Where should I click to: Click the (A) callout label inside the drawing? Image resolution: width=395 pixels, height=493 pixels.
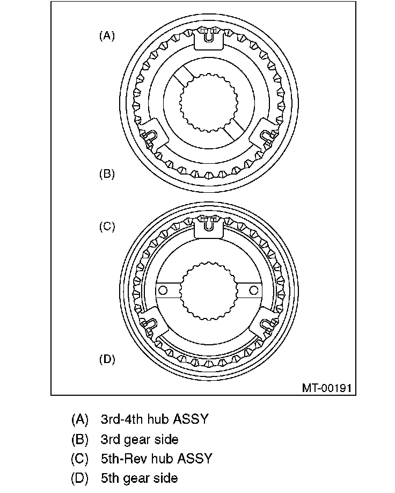point(107,36)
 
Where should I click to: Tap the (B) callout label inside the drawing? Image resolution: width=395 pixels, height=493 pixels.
point(107,174)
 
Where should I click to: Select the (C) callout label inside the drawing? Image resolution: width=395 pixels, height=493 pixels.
point(107,227)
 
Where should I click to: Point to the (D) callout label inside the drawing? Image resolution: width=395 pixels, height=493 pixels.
point(107,359)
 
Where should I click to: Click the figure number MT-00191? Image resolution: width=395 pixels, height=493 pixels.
point(326,387)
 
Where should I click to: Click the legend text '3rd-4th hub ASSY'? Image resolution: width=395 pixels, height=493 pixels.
point(154,419)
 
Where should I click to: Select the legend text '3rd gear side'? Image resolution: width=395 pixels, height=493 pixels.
point(139,439)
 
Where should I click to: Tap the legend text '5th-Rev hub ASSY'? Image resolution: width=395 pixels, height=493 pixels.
point(156,458)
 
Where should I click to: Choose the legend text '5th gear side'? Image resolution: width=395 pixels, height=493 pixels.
point(139,477)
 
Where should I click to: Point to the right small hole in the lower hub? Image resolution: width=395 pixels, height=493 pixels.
point(250,290)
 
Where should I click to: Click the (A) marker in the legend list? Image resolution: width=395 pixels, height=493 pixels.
point(79,419)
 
